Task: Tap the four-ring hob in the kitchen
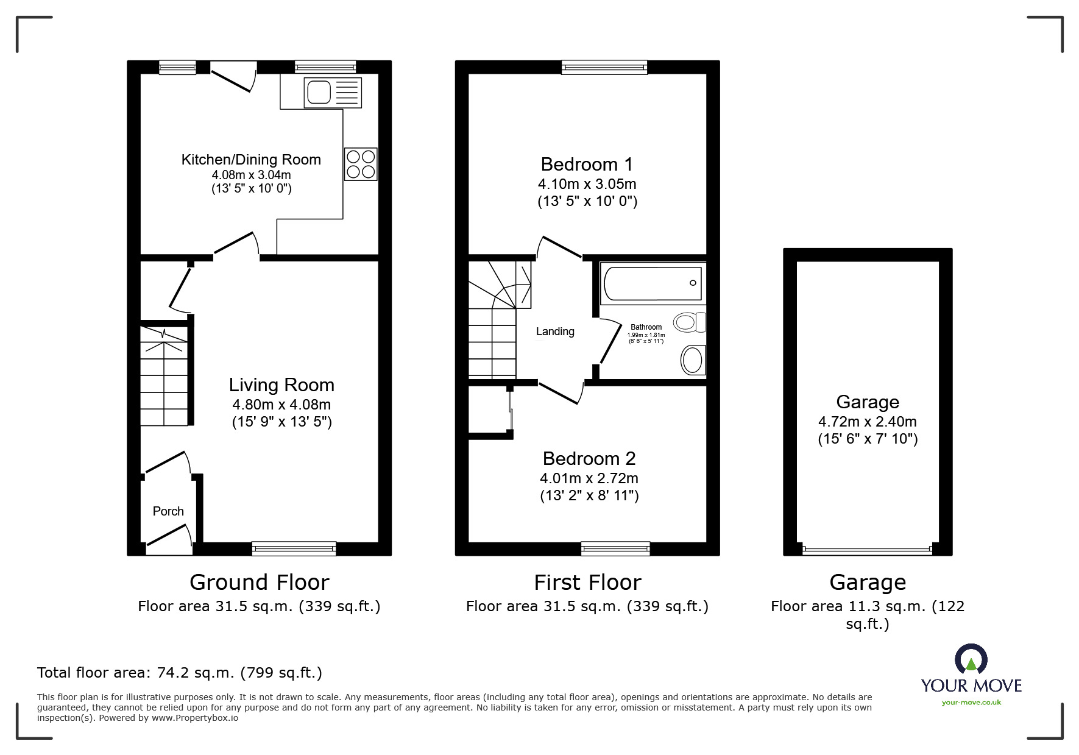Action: [x=360, y=164]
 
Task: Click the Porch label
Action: [x=168, y=511]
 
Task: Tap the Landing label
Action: [x=555, y=331]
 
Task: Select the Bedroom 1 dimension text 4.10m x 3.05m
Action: [x=587, y=183]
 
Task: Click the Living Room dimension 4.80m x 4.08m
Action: [x=281, y=404]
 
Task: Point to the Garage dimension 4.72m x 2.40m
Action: [x=867, y=421]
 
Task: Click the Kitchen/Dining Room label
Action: [x=251, y=160]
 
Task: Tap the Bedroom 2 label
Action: [x=589, y=458]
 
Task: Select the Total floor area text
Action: [x=180, y=673]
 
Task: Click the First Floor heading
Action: [x=587, y=583]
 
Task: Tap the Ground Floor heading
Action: [x=259, y=583]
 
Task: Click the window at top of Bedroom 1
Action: [x=604, y=67]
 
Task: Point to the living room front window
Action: [x=294, y=548]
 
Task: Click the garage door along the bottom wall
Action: [x=867, y=550]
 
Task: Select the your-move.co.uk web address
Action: [x=971, y=703]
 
